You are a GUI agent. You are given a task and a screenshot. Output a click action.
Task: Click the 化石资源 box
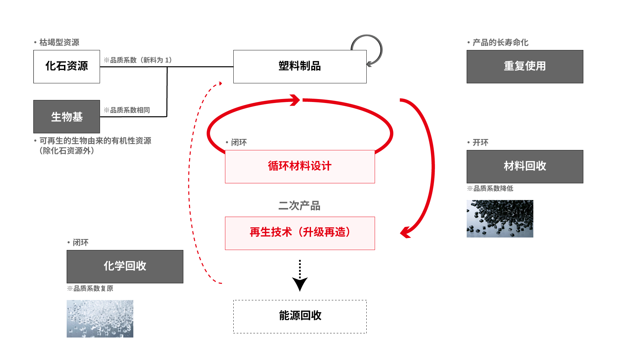coord(67,67)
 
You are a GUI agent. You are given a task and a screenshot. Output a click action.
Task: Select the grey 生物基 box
coord(67,117)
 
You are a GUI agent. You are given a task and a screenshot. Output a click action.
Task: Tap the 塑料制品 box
coord(300,67)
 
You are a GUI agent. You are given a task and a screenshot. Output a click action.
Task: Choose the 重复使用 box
coord(525,67)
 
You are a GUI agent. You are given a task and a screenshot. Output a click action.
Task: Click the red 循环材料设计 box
coord(300,167)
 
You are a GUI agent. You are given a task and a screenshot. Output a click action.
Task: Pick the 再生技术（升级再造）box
coord(300,233)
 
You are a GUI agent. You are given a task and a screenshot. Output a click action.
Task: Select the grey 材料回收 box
coord(525,167)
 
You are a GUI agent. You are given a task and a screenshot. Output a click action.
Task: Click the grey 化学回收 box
coord(125,267)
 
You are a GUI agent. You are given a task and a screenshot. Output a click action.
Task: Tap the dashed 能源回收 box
coord(300,317)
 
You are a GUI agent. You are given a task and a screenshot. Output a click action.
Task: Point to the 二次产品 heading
coord(299,206)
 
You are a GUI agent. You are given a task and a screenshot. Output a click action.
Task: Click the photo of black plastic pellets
coord(500,219)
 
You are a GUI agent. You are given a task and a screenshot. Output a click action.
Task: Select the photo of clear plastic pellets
coord(100,319)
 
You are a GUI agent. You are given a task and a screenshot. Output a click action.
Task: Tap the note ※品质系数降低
coord(490,189)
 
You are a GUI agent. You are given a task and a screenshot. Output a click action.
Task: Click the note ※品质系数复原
coord(90,289)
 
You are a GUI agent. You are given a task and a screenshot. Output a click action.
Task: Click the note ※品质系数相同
coord(127,110)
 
